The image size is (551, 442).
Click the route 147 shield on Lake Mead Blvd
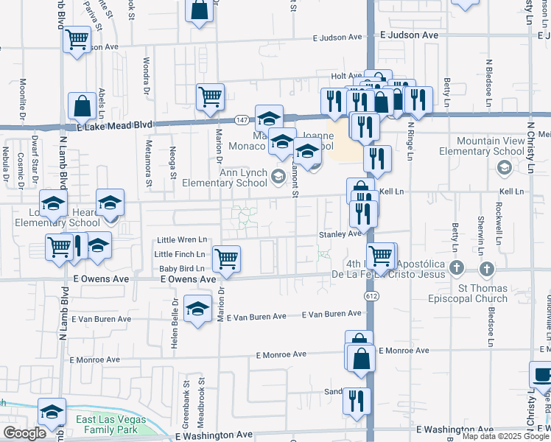coord(242,119)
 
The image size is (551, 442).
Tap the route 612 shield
coord(370,295)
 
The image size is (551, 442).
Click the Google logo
coord(24,433)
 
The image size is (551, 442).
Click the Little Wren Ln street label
coord(181,240)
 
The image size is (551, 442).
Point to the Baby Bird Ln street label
coord(181,268)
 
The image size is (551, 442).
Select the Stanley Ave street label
coord(340,234)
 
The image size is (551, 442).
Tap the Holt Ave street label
coord(346,76)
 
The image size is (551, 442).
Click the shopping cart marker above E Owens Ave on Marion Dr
coord(226,259)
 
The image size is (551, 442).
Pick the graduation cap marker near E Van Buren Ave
coord(197,309)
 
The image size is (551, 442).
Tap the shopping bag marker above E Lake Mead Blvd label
coord(82,106)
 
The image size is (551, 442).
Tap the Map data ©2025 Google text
coord(505,436)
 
